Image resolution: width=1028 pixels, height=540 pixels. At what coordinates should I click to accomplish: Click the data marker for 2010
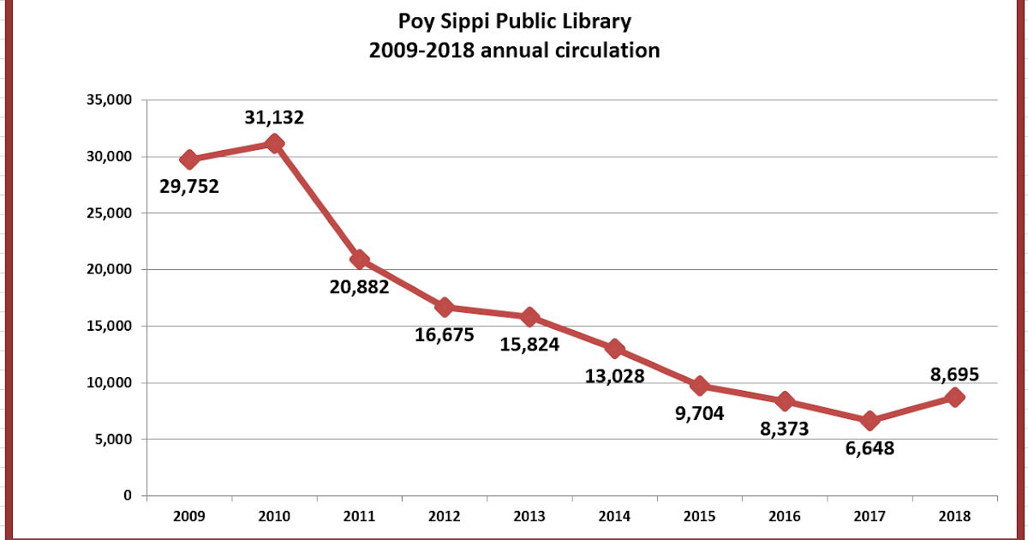coord(274,143)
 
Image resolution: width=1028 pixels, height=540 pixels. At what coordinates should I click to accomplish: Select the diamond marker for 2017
coord(870,420)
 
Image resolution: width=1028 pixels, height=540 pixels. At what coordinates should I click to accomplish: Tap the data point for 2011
coord(360,259)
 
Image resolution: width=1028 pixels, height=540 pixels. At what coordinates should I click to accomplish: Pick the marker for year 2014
coord(614,348)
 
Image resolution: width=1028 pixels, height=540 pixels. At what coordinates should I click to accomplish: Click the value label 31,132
coord(274,117)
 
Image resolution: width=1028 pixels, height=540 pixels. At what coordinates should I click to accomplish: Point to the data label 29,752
coord(189,185)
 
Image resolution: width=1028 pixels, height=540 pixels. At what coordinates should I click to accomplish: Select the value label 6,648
coord(864,447)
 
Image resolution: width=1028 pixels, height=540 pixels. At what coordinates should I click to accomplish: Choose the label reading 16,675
coord(444,334)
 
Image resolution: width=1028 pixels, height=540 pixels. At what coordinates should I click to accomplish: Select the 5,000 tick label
coord(113,440)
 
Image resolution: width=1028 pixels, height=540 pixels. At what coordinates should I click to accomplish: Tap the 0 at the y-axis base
coord(128,496)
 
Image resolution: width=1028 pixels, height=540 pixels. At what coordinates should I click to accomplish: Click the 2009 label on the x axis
coord(189,516)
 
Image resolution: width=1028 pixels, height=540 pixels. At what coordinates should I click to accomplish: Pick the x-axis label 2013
coord(529,516)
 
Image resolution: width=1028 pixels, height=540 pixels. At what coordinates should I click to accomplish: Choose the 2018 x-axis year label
coord(954,516)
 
